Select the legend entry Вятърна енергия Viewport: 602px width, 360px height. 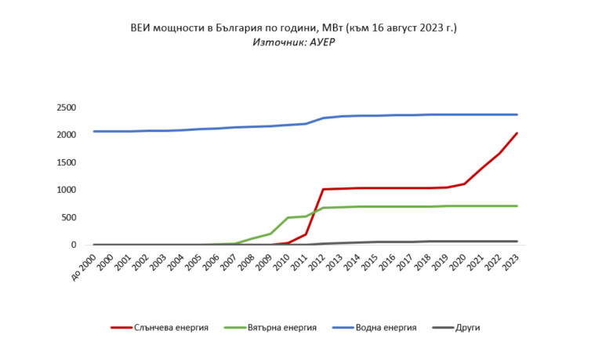tap(280, 327)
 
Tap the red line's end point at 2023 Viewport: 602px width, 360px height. tap(517, 133)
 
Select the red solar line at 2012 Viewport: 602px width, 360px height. tap(323, 189)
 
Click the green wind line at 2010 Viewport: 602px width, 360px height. tap(288, 217)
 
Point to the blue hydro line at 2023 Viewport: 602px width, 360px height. tap(517, 115)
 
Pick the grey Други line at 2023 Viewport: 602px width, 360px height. tap(517, 241)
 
